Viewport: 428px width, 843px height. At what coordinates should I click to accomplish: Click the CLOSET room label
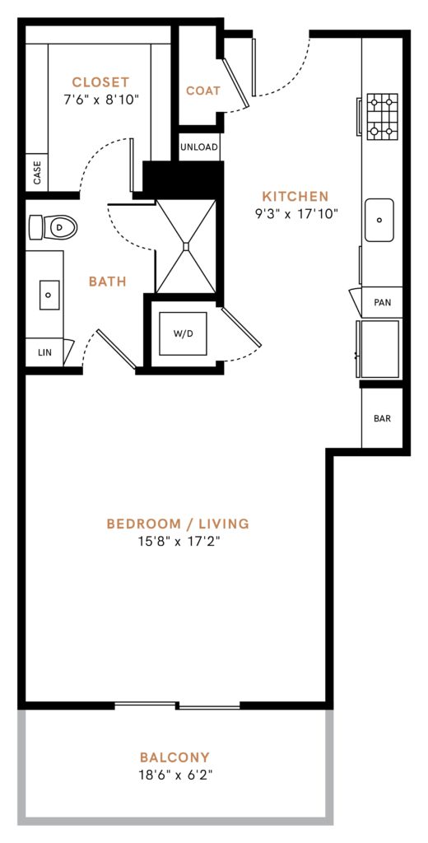point(100,82)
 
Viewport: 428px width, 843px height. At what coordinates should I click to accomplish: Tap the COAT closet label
point(202,91)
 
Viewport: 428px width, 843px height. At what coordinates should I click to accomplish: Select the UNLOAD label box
point(200,147)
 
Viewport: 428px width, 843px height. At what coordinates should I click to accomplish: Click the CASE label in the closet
point(37,173)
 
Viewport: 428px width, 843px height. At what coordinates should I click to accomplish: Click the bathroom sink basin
point(49,292)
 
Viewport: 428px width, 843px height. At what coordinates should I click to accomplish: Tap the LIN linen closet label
point(44,352)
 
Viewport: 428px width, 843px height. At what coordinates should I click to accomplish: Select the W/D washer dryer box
point(183,333)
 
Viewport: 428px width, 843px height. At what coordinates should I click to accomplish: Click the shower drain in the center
point(186,245)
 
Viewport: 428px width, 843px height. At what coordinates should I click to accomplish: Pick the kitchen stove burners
point(381,116)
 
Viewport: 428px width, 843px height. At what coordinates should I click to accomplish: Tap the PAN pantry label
point(382,302)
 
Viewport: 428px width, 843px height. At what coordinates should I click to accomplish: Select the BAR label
point(382,418)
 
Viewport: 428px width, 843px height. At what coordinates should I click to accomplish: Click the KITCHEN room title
point(295,197)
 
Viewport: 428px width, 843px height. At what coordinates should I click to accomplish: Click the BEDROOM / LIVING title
point(178,524)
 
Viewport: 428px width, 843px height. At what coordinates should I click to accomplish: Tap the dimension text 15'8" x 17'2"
point(177,541)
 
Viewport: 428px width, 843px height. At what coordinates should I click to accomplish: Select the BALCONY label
point(174,757)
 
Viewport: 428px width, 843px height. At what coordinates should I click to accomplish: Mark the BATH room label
point(108,282)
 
